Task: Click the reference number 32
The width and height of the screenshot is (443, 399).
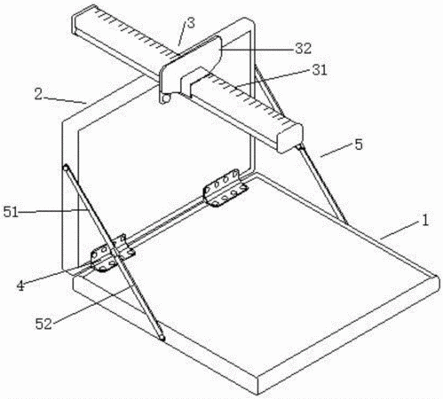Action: (x=304, y=49)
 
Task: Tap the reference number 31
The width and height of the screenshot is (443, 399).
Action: (x=319, y=70)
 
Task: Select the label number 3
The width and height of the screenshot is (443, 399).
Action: (x=191, y=23)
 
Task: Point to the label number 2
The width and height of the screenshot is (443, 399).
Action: (x=38, y=94)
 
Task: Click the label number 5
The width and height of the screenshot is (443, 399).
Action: (x=359, y=145)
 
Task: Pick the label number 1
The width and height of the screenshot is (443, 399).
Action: (x=425, y=220)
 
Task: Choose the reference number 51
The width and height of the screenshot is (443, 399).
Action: (x=11, y=212)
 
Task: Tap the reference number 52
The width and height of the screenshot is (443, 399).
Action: (x=44, y=324)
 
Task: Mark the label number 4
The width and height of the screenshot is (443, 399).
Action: (x=20, y=286)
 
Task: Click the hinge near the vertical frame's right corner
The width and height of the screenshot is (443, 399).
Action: (x=225, y=188)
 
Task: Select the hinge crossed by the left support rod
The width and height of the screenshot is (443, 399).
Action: (x=113, y=254)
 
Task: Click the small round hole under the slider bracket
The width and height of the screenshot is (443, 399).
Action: (x=166, y=98)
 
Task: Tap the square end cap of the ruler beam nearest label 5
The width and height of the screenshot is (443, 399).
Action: (x=290, y=138)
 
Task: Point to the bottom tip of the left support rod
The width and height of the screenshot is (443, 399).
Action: (x=162, y=338)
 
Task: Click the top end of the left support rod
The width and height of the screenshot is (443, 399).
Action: (x=66, y=168)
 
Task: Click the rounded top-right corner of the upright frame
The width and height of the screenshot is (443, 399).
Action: (x=251, y=21)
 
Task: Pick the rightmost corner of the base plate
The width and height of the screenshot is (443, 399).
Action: (x=438, y=277)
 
